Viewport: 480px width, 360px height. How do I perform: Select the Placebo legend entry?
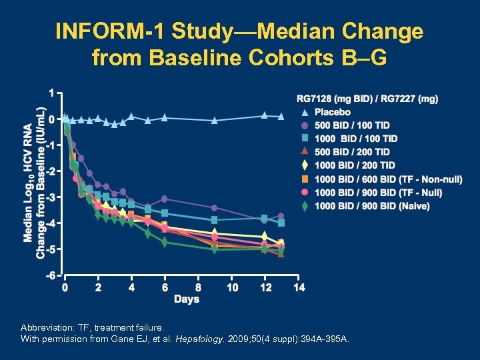[332, 112]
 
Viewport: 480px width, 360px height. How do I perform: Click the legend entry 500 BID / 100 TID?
[352, 125]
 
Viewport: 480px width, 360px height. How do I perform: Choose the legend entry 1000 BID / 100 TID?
[355, 139]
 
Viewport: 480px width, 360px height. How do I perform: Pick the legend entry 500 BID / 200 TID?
[352, 152]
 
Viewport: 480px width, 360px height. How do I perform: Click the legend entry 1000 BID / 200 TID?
[355, 165]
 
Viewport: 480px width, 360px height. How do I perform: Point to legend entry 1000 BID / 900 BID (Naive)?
[371, 206]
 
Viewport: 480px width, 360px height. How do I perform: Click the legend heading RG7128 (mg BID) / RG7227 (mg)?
[367, 99]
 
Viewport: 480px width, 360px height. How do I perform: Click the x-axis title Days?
[187, 299]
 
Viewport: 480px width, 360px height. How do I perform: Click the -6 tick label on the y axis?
[51, 275]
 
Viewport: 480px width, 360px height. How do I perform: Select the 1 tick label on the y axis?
[53, 92]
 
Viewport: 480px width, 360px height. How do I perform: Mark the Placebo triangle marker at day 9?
[215, 121]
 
